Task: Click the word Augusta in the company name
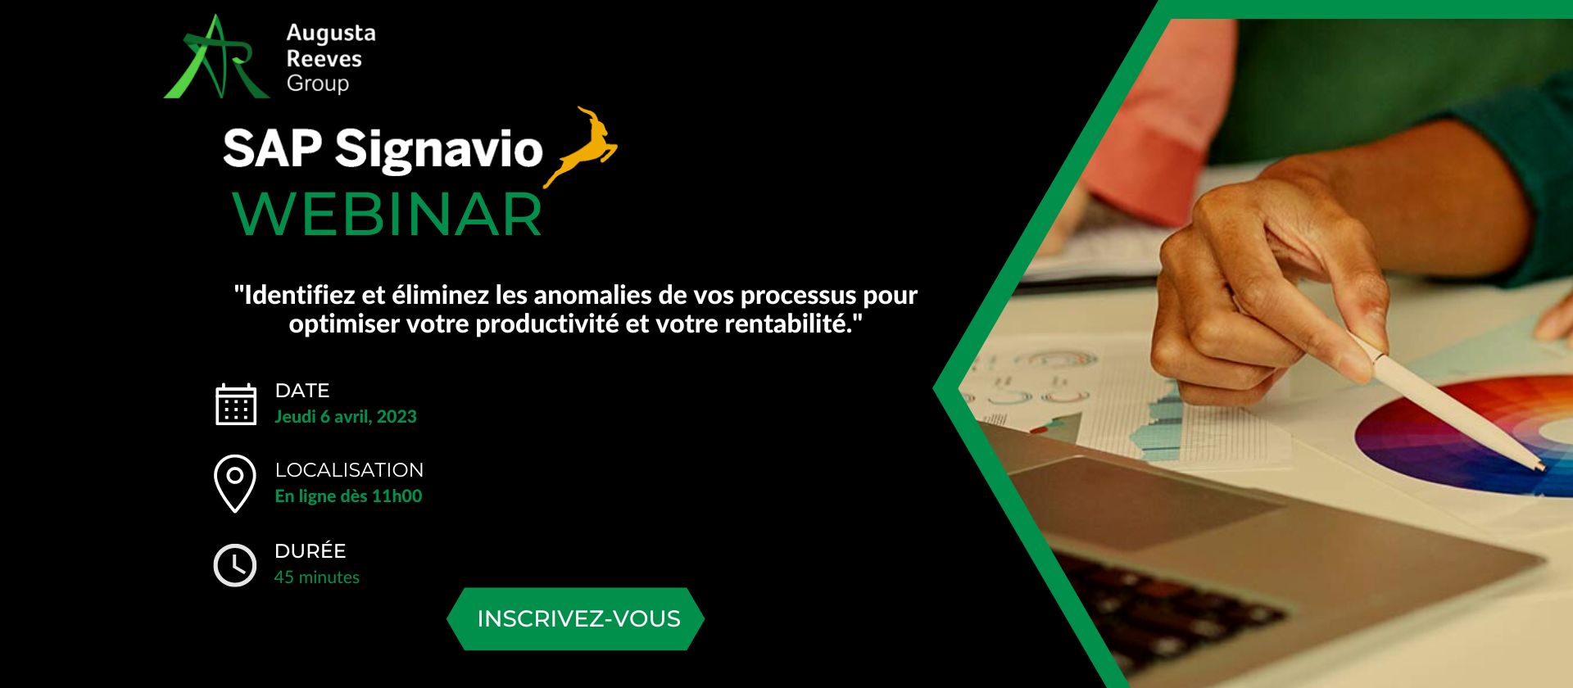pyautogui.click(x=331, y=34)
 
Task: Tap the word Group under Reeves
pyautogui.click(x=318, y=84)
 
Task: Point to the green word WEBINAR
pyautogui.click(x=388, y=215)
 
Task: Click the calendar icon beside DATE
pyautogui.click(x=236, y=404)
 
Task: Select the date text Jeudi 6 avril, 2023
pyautogui.click(x=346, y=416)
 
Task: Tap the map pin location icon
pyautogui.click(x=234, y=483)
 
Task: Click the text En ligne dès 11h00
pyautogui.click(x=348, y=496)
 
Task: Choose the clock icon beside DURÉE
pyautogui.click(x=235, y=564)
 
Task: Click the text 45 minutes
pyautogui.click(x=317, y=577)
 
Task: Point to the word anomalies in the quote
pyautogui.click(x=592, y=295)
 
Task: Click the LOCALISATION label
pyautogui.click(x=349, y=470)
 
